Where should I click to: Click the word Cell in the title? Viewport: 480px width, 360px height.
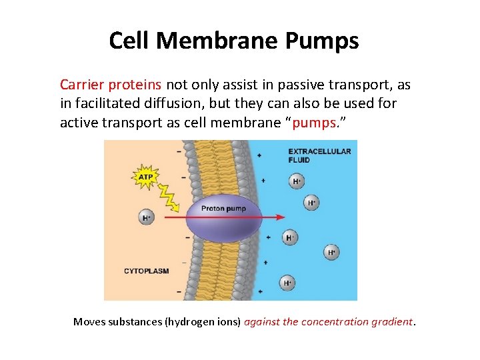coord(131,41)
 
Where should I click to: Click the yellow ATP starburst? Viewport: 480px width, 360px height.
coord(145,177)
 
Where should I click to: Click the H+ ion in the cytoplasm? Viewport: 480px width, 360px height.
coord(147,217)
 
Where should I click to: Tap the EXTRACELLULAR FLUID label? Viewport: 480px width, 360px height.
coord(319,155)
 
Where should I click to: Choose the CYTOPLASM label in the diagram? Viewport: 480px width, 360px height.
coord(146,271)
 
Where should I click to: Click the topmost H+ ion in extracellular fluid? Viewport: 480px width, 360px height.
coord(296,181)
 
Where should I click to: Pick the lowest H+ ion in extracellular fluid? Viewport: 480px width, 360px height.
coord(287,283)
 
